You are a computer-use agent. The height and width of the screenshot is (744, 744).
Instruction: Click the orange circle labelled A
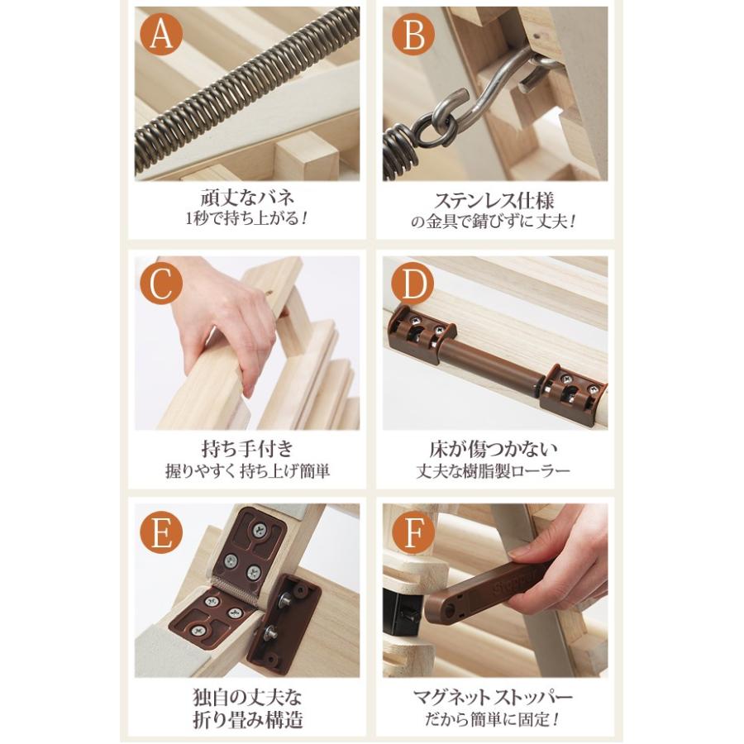pyautogui.click(x=161, y=34)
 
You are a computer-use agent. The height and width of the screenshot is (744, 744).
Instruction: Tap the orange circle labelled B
pyautogui.click(x=413, y=34)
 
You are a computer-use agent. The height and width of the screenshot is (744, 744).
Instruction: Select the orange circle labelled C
pyautogui.click(x=161, y=284)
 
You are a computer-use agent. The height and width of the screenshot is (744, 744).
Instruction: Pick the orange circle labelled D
pyautogui.click(x=413, y=284)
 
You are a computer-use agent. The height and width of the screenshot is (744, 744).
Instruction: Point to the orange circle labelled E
pyautogui.click(x=161, y=532)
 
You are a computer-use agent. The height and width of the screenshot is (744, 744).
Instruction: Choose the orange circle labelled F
pyautogui.click(x=413, y=532)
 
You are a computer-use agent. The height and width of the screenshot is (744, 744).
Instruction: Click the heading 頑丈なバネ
pyautogui.click(x=247, y=197)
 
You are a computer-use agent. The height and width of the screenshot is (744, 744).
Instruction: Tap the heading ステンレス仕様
pyautogui.click(x=494, y=200)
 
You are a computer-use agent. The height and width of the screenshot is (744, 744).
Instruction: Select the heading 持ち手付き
pyautogui.click(x=247, y=448)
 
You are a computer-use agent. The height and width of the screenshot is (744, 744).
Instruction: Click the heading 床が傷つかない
pyautogui.click(x=494, y=448)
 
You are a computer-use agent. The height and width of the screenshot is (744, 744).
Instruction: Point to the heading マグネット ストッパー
pyautogui.click(x=494, y=697)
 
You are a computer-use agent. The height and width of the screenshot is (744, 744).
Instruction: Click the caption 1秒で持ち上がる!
pyautogui.click(x=247, y=219)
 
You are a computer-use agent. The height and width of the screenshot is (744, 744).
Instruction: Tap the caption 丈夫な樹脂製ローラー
pyautogui.click(x=494, y=470)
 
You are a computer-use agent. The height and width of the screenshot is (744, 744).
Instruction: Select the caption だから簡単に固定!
pyautogui.click(x=494, y=719)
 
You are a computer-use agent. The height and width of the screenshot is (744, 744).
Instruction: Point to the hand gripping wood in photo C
pyautogui.click(x=223, y=322)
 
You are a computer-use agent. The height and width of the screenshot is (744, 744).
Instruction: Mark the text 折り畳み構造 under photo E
pyautogui.click(x=247, y=719)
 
